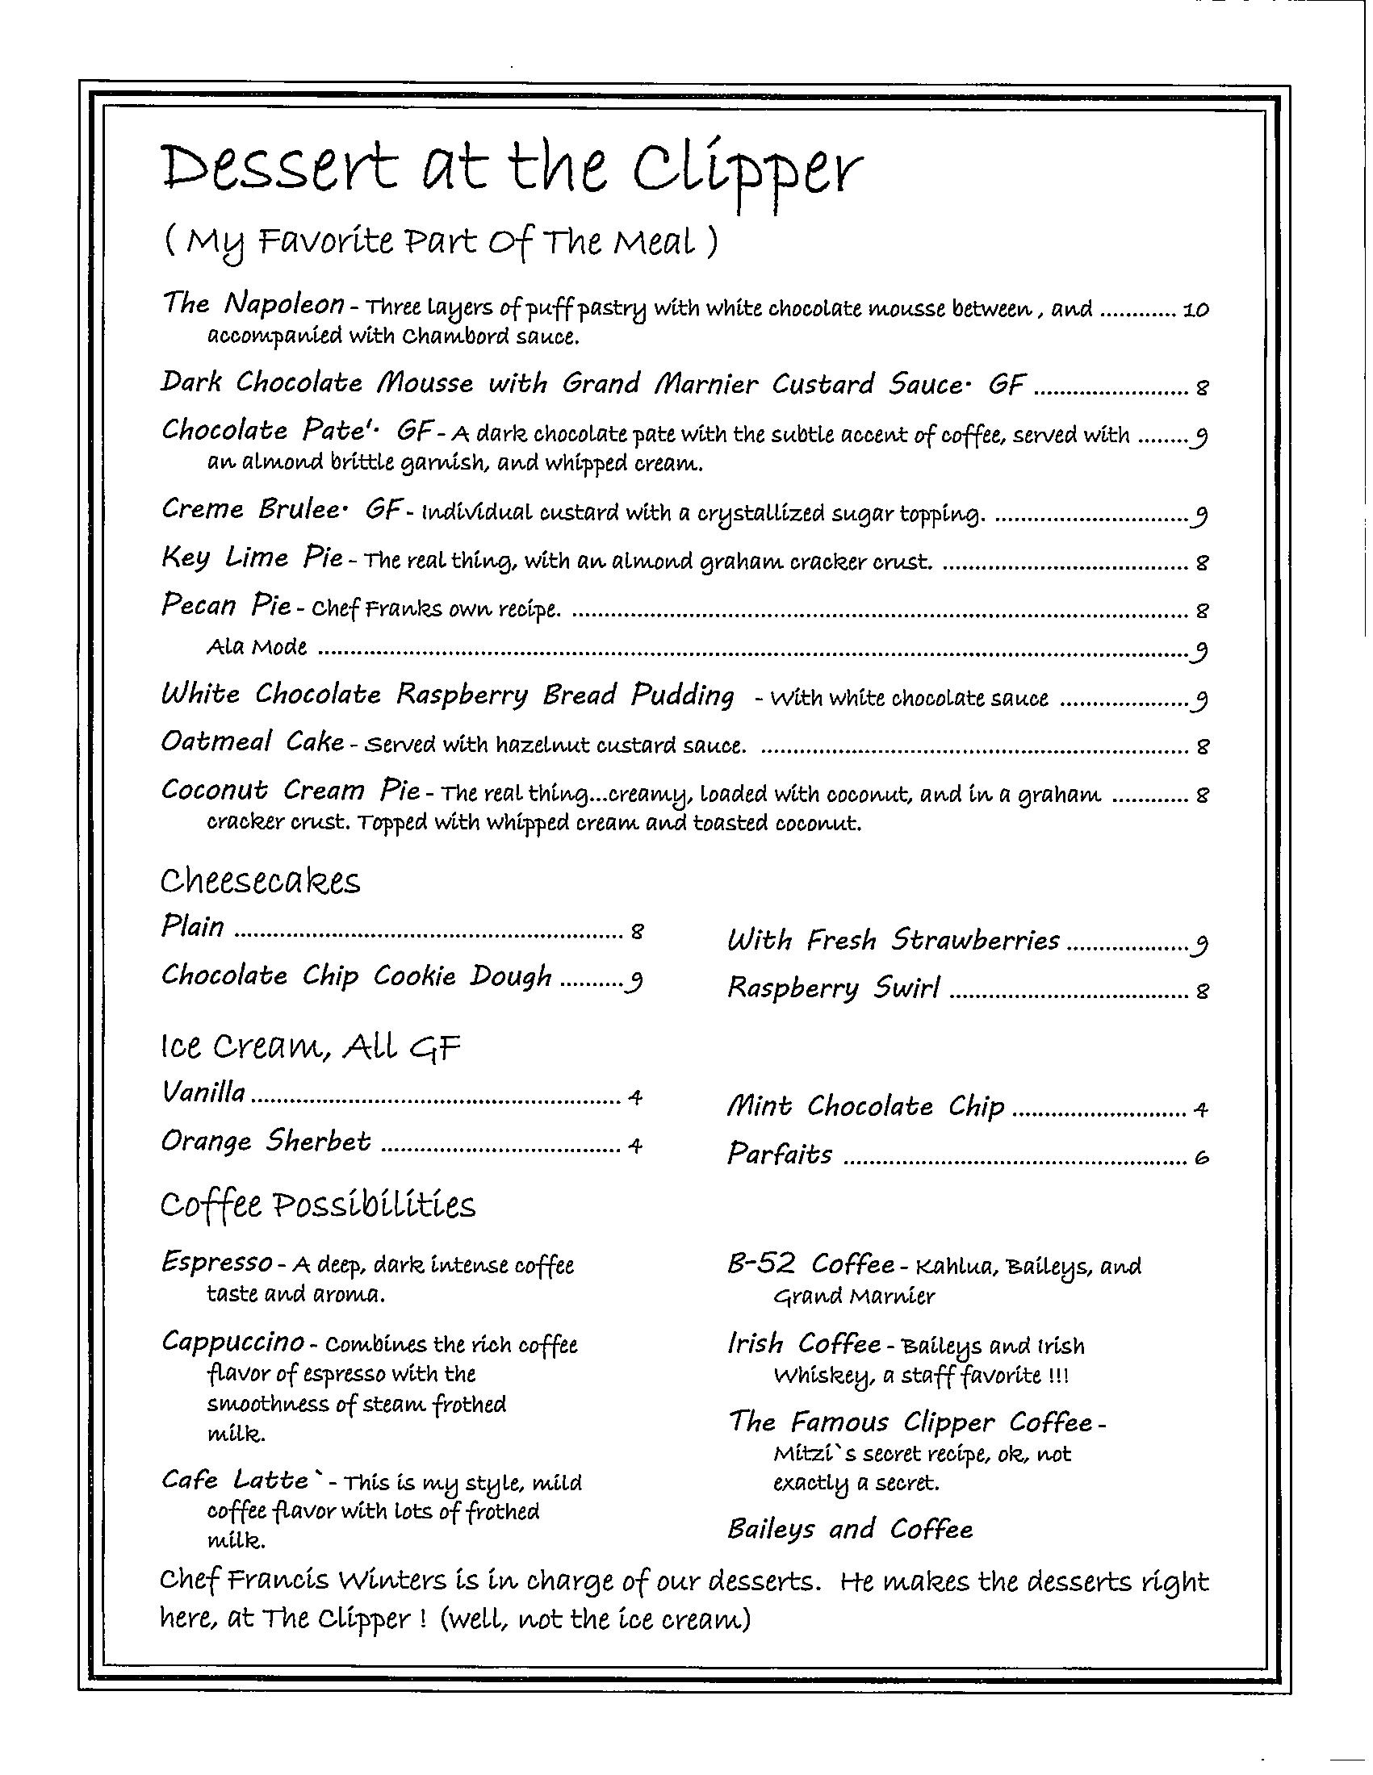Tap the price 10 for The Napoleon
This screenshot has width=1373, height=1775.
tap(1195, 310)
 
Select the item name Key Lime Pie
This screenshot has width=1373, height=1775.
tap(253, 559)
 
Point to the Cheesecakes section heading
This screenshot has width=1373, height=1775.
tap(260, 881)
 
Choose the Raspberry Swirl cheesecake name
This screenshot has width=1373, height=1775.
tap(833, 988)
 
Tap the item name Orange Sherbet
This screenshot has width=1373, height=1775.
tap(266, 1142)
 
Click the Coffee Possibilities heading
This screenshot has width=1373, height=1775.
tap(317, 1205)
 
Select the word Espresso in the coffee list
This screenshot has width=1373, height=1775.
tap(217, 1262)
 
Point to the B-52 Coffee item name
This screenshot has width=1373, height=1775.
tap(810, 1264)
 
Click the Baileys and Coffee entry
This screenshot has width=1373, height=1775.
tap(849, 1530)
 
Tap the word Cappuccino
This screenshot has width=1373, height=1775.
tap(233, 1341)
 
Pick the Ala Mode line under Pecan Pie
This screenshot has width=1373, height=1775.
tap(257, 647)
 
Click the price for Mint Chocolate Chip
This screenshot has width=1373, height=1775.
tap(1200, 1109)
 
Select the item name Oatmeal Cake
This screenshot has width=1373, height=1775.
tap(252, 742)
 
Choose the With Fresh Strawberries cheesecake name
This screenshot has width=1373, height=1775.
tap(894, 940)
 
